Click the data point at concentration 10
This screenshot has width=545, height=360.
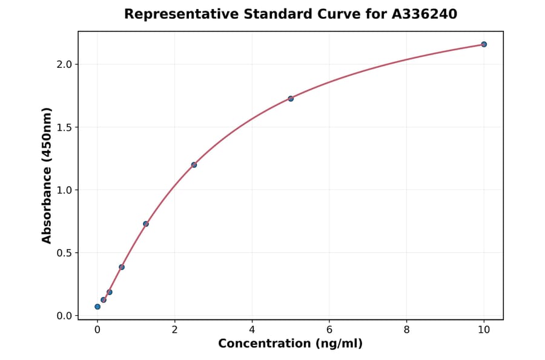(484, 44)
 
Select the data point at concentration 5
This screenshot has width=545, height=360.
(291, 98)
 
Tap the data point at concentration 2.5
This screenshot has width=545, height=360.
(194, 165)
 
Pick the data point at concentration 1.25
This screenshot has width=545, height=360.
(146, 224)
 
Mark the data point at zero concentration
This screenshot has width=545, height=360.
(97, 307)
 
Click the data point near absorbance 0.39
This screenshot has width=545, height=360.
(122, 267)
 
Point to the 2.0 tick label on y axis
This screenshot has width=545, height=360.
(64, 64)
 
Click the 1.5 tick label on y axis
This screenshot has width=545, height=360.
(64, 127)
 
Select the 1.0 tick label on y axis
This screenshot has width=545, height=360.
(64, 190)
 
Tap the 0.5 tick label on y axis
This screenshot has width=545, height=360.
(64, 253)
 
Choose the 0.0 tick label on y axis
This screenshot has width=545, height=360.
(64, 316)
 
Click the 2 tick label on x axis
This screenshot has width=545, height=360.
(174, 329)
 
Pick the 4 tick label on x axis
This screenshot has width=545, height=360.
(252, 329)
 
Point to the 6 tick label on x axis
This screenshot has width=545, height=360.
(329, 329)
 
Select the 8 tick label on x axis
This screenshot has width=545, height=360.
(406, 329)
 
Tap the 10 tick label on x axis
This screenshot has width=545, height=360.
(484, 329)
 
